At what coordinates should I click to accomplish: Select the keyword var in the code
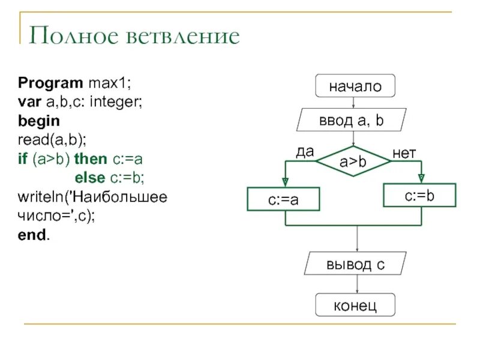[28, 101]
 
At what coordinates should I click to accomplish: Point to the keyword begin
[39, 121]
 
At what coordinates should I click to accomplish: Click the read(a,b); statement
[52, 140]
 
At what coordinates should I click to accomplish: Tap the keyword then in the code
[90, 159]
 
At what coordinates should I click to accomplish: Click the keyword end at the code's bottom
[32, 236]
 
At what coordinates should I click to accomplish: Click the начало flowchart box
[355, 86]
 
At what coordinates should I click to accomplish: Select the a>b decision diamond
[353, 161]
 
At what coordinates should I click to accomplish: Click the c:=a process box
[283, 200]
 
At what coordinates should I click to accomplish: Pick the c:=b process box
[419, 196]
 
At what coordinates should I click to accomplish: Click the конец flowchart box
[355, 305]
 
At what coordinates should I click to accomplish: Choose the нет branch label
[404, 154]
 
